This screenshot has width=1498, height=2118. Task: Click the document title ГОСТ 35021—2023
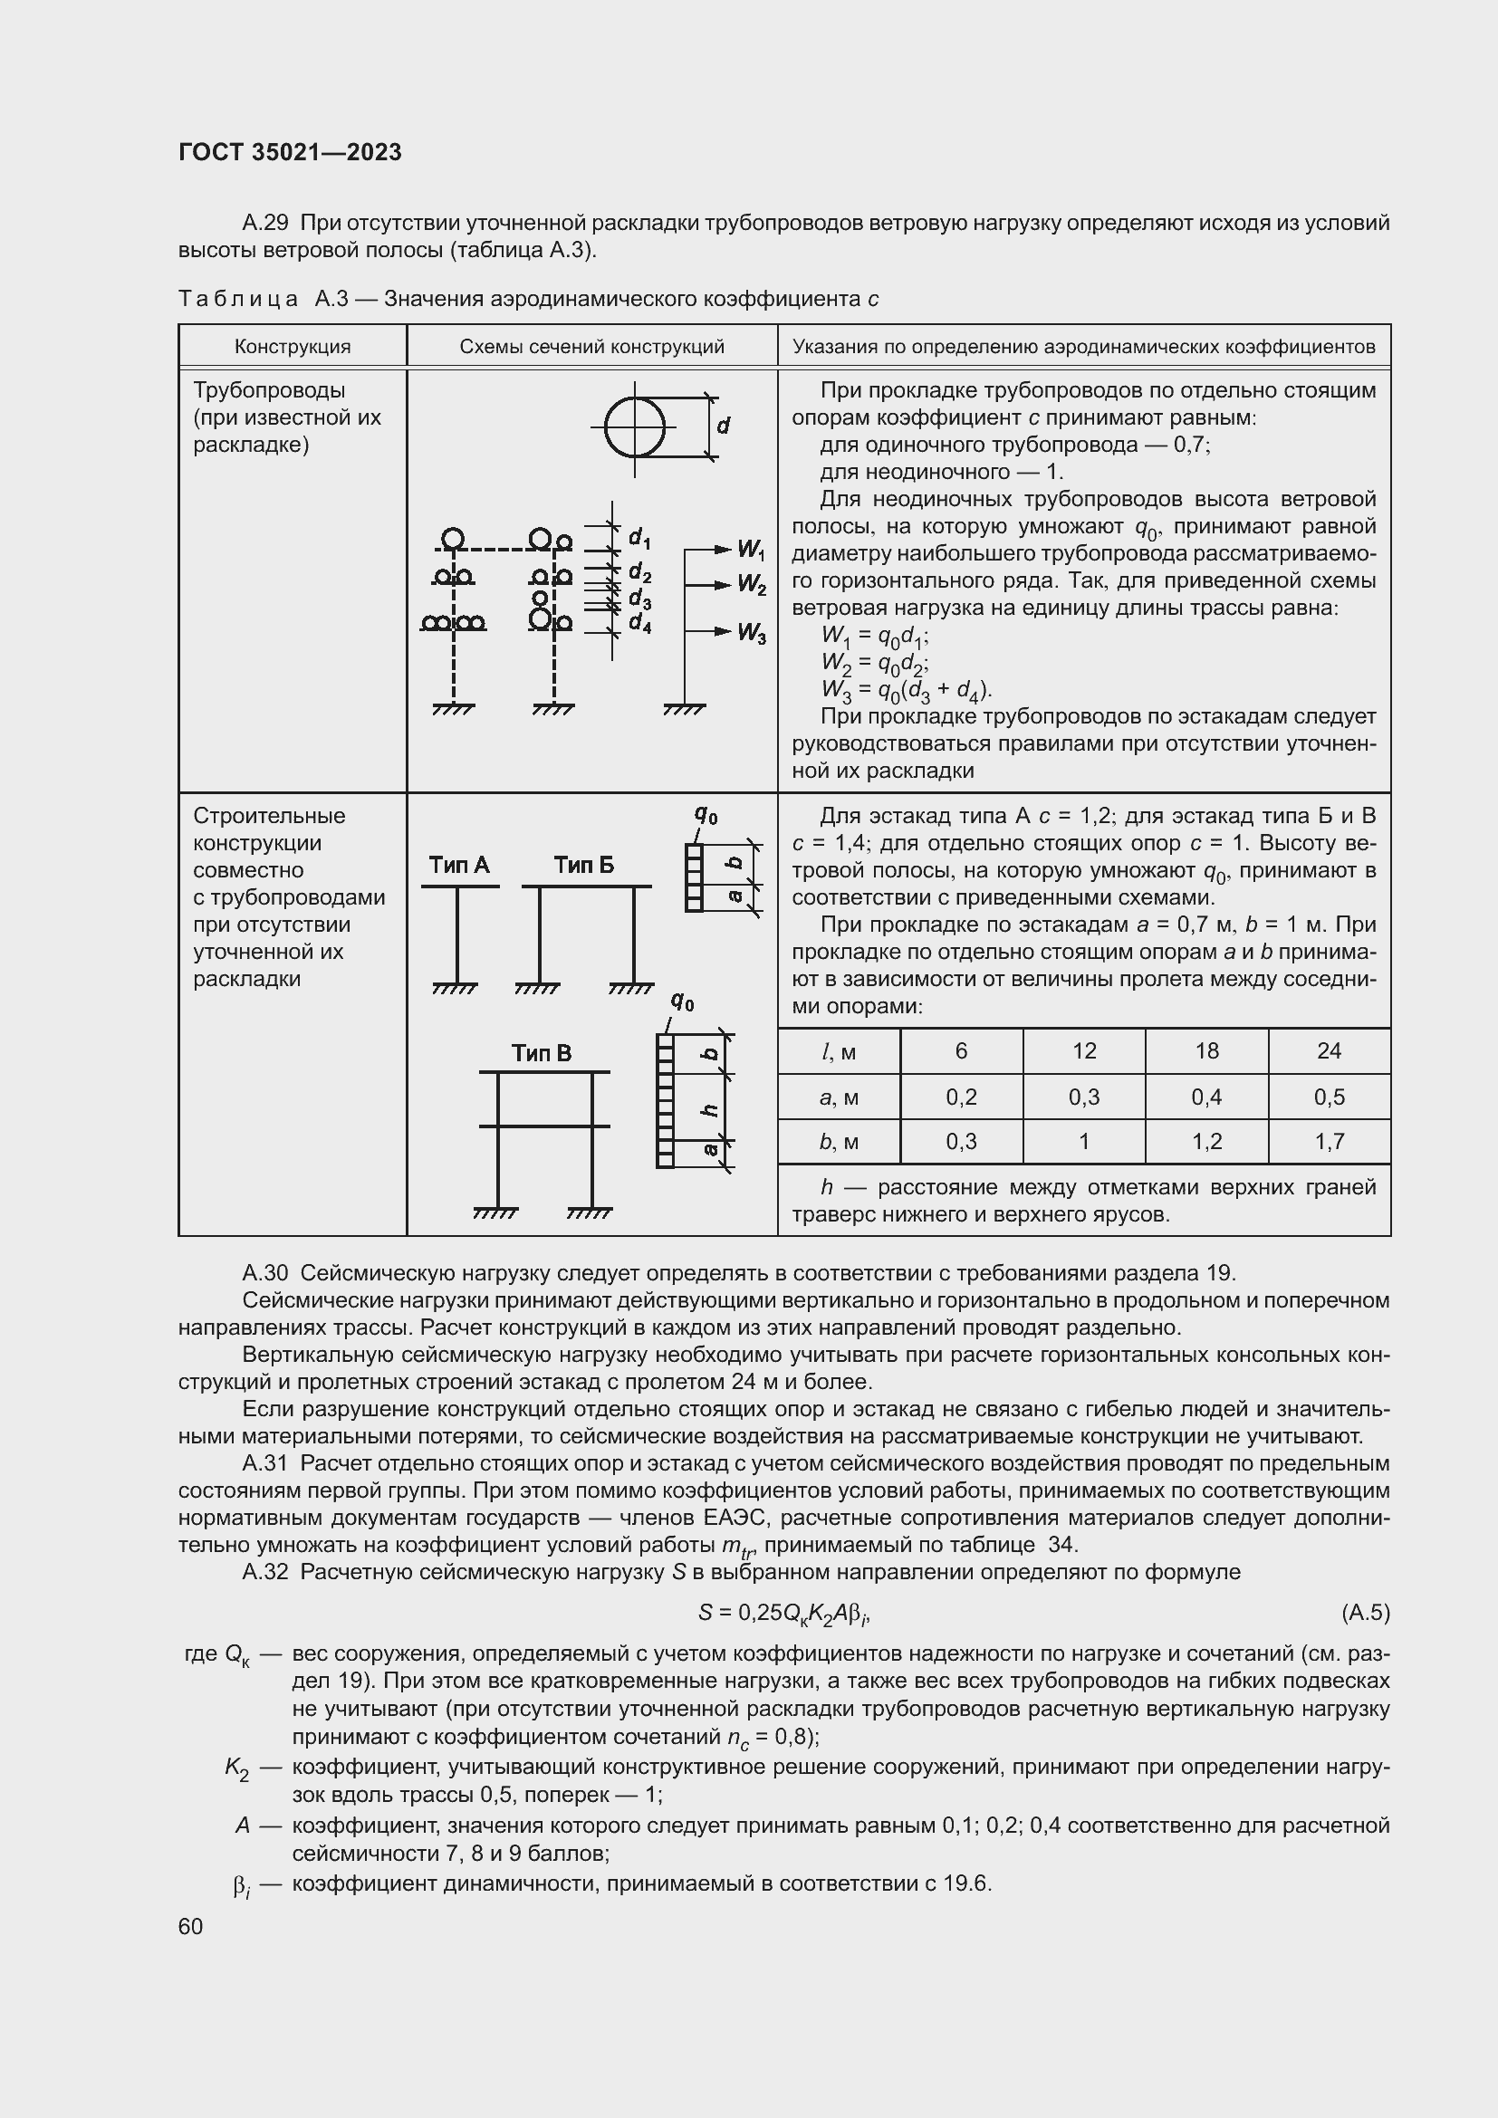coord(290,152)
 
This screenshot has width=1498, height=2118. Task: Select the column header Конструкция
coord(293,347)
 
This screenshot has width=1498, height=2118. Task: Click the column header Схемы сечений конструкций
coord(591,347)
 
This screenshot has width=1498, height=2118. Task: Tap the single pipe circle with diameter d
coord(635,428)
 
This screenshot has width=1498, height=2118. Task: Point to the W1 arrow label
coord(751,551)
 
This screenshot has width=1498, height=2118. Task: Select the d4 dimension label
coord(640,624)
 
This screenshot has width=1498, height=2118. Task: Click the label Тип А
coord(459,866)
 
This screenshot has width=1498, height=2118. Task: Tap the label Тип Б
coord(583,866)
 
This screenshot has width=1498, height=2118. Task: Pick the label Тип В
coord(542,1053)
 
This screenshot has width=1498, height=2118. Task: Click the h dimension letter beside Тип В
coord(710,1110)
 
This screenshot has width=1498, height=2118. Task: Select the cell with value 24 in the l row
coord(1329,1050)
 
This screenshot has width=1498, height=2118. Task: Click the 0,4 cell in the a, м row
coord(1206,1097)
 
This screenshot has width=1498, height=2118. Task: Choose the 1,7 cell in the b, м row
coord(1329,1142)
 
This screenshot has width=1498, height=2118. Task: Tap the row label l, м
coord(839,1050)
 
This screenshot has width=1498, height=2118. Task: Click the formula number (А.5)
coord(1364,1612)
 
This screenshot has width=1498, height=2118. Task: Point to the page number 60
coord(191,1926)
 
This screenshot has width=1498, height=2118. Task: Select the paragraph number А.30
coord(264,1273)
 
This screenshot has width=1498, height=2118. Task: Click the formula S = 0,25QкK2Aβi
coord(784,1613)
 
